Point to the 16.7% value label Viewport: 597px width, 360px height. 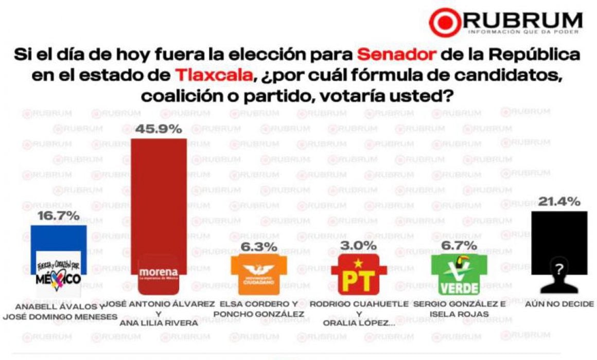coord(58,215)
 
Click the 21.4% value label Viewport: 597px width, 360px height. coord(559,202)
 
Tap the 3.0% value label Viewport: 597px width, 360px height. coord(358,245)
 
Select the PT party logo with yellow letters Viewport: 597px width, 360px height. coord(358,275)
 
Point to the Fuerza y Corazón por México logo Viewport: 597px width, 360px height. coord(59,273)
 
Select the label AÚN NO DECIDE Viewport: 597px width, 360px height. coord(559,304)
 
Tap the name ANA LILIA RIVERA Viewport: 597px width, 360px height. coord(158,323)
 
